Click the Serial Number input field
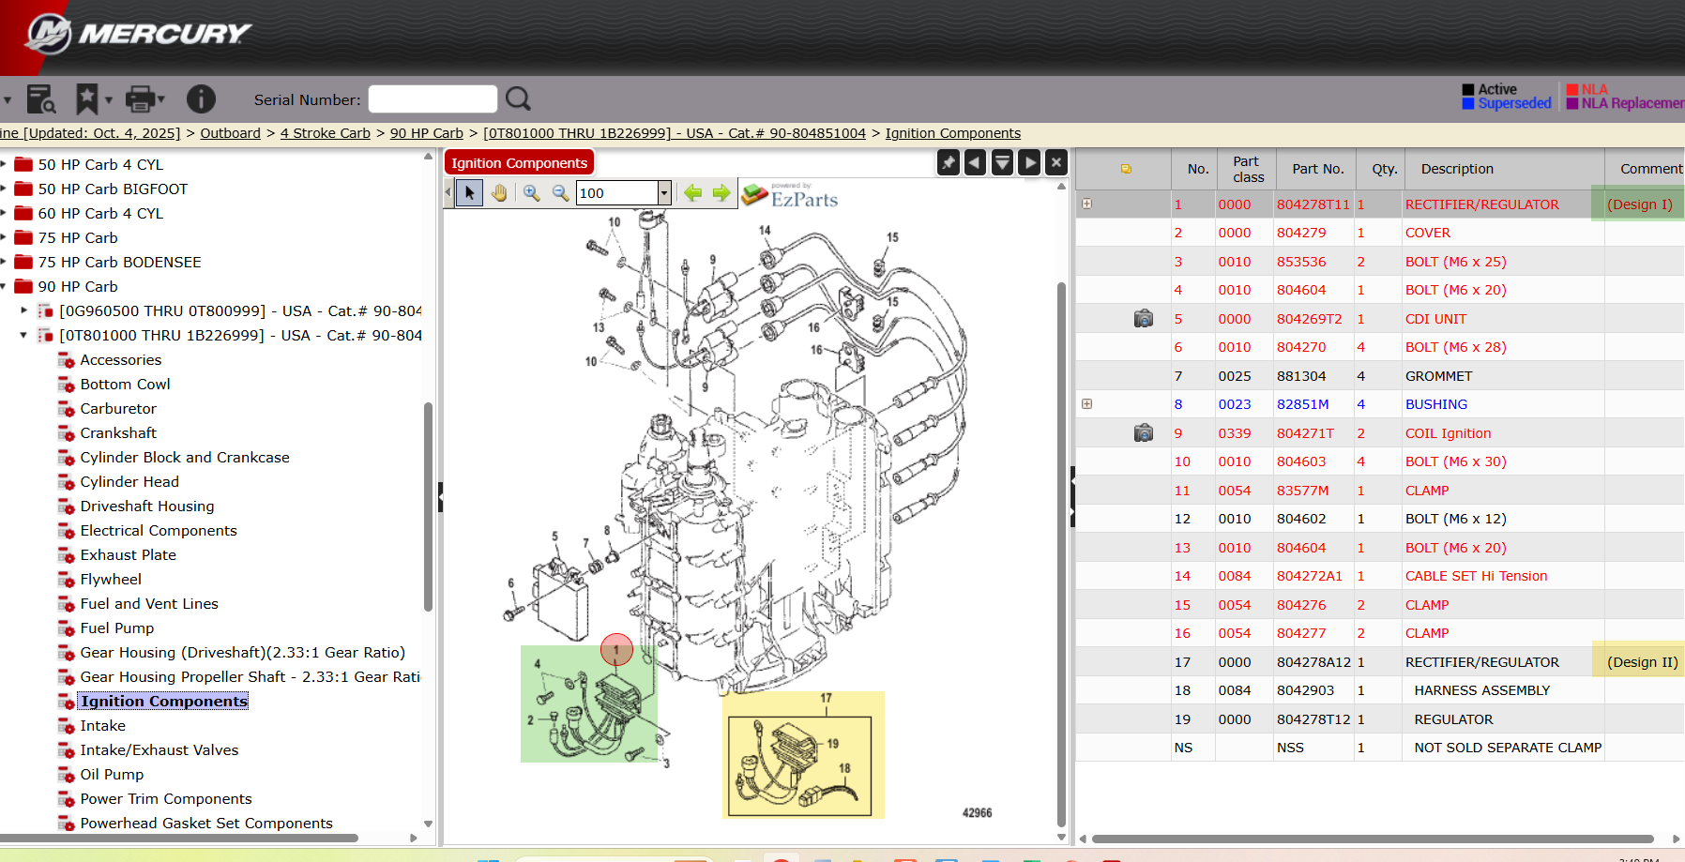[x=433, y=99]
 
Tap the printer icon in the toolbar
[x=141, y=98]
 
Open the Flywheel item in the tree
[x=111, y=580]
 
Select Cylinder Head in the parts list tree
[x=129, y=482]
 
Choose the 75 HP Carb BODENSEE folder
[x=119, y=263]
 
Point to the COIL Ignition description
[x=1448, y=433]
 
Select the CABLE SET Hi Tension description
[x=1476, y=576]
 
